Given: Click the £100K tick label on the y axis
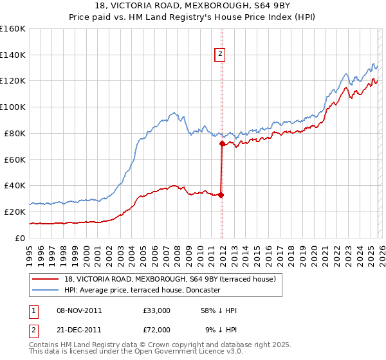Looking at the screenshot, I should pos(13,107).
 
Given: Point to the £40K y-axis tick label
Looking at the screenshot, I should pos(15,185).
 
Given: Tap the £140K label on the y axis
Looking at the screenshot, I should pos(13,55).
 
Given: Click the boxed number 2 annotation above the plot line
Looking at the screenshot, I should pos(220,55).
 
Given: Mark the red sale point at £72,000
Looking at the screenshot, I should pos(222,144).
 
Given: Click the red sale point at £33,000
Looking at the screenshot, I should pos(221,194).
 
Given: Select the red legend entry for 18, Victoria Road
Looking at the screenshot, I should pos(170,278).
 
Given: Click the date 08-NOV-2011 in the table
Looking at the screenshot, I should pos(79,310).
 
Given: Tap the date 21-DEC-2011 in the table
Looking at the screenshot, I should pos(79,329).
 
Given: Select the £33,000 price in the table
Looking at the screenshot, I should pos(156,310).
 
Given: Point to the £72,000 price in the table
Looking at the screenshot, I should pos(156,329).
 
